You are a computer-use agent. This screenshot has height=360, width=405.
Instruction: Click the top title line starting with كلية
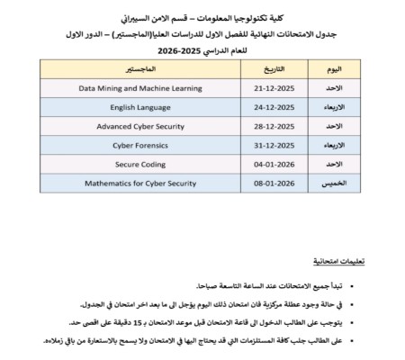tap(203, 17)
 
